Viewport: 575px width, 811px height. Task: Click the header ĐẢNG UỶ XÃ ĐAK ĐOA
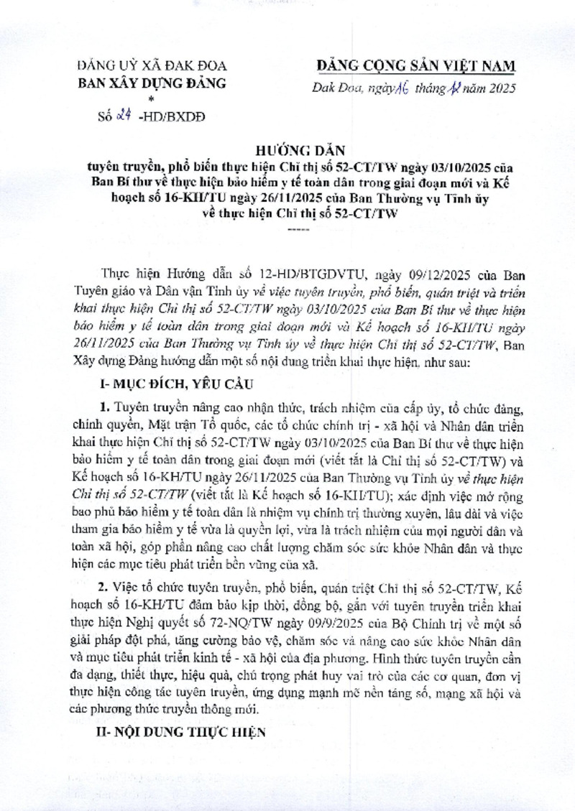(151, 67)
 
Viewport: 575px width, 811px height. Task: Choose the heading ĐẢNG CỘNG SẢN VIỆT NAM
(416, 66)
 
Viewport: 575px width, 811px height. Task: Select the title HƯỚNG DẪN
(293, 152)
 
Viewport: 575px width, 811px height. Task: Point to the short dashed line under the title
(295, 229)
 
